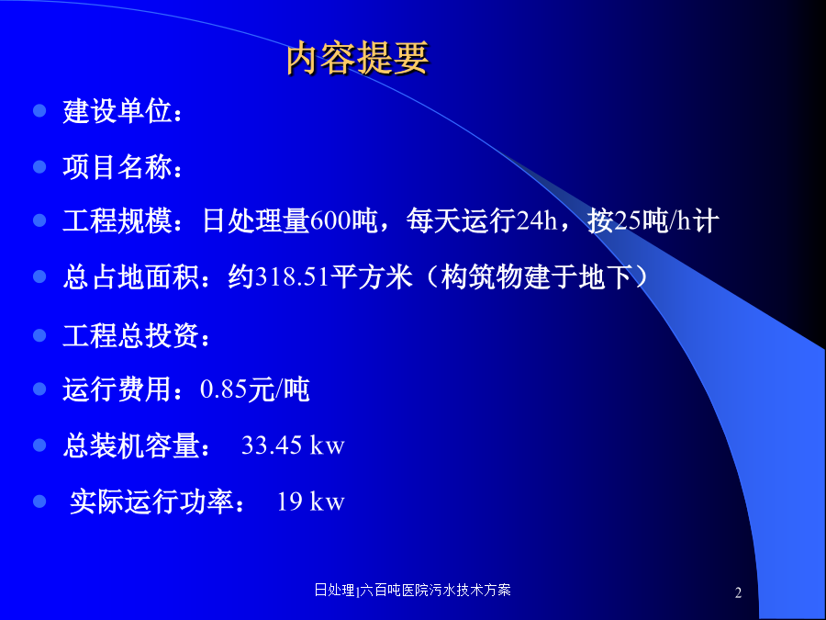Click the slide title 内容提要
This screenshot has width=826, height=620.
pos(358,58)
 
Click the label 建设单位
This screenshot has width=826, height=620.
pos(117,111)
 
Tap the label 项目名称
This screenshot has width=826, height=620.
pos(117,166)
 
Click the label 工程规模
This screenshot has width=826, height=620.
pos(117,220)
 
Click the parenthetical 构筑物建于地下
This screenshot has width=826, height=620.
pos(536,276)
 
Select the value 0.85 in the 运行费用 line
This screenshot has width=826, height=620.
pos(224,389)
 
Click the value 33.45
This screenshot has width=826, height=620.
pos(272,445)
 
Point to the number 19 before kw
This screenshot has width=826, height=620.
pos(289,502)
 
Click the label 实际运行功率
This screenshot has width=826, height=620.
pos(151,502)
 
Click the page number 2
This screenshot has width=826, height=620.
pos(738,592)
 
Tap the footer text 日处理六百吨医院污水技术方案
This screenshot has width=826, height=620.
pos(412,590)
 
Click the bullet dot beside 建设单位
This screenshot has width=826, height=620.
pos(39,111)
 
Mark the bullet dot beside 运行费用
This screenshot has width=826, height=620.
pos(39,389)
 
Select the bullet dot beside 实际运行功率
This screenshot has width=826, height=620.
pos(39,501)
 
